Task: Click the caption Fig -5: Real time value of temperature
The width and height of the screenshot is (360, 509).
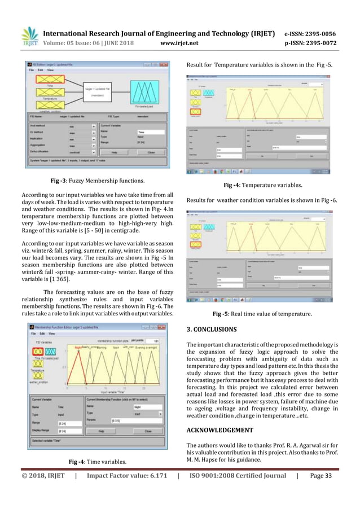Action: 262,314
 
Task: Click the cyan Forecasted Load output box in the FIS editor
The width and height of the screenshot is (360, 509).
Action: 150,93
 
